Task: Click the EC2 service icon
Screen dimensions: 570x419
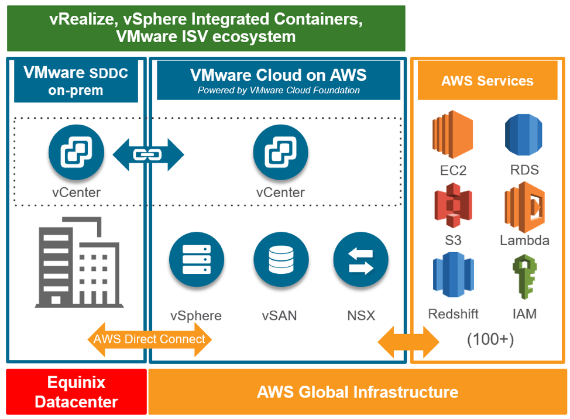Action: point(452,135)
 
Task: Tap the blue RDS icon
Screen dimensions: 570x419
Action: point(523,135)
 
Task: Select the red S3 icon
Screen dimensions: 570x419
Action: point(453,205)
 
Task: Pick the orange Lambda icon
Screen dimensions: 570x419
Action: point(524,207)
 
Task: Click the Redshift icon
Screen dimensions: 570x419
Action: point(454,274)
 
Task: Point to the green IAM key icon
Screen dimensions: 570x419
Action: point(524,277)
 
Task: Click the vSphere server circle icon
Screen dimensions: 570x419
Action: point(197,259)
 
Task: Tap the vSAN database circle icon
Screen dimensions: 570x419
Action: point(281,259)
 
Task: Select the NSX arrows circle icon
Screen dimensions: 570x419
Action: point(361,259)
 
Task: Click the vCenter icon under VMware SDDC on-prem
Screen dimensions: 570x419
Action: point(76,152)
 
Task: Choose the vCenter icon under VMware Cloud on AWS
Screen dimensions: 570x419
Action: point(281,152)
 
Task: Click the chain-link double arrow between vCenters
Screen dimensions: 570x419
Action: point(148,155)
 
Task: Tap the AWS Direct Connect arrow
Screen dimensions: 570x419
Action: point(149,339)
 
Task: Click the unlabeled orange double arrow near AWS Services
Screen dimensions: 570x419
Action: point(408,342)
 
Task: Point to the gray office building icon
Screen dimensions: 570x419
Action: point(79,262)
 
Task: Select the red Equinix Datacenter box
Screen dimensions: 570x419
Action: point(76,391)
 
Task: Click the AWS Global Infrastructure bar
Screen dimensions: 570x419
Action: point(358,391)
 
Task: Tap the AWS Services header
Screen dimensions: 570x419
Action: point(487,80)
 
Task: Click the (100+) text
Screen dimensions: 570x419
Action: point(490,339)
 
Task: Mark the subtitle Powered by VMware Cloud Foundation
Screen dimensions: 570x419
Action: point(279,90)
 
